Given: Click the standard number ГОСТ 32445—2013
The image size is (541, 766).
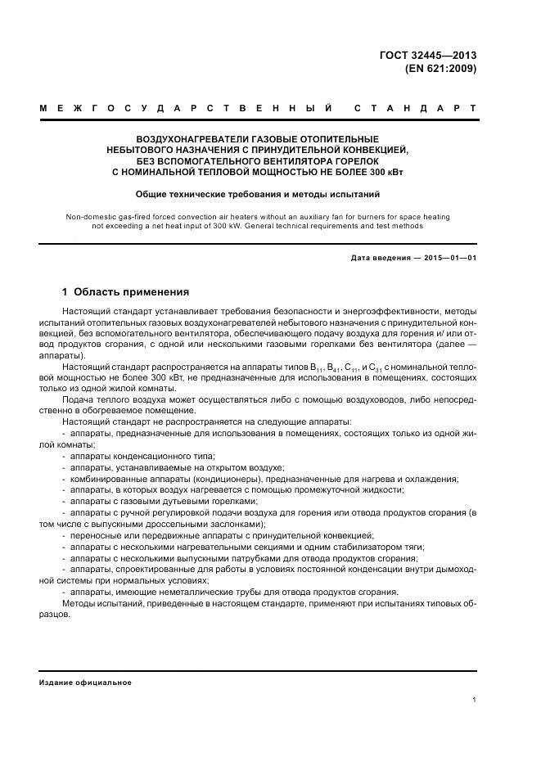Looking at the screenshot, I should click(x=427, y=56).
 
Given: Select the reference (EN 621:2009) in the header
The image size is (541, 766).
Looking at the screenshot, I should click(x=440, y=69).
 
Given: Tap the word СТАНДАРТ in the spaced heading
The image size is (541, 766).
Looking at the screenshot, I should click(x=415, y=108).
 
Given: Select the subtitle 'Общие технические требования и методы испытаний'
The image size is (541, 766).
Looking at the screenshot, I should click(x=258, y=195).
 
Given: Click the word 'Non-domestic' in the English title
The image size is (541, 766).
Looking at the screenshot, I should click(x=88, y=217).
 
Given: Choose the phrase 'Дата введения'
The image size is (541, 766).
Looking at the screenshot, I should click(x=378, y=259).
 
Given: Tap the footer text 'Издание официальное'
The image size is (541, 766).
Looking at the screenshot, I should click(x=85, y=682).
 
